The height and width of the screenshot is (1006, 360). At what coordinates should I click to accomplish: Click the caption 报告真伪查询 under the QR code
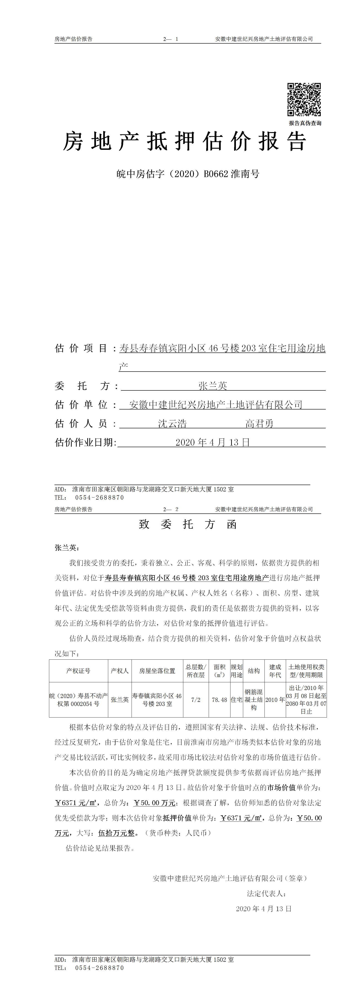[305, 123]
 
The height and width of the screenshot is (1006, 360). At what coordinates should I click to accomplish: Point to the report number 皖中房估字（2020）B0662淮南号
[188, 174]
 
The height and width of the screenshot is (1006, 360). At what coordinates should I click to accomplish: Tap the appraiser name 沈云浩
[172, 423]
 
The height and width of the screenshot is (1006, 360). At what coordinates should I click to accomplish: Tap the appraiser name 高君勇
[259, 423]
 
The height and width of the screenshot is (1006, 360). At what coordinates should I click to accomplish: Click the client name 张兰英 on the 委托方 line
[213, 386]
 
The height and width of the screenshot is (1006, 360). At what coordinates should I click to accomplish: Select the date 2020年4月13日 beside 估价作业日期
[212, 442]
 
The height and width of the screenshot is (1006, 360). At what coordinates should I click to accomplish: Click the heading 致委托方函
[188, 524]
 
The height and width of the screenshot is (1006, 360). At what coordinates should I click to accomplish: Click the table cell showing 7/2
[196, 699]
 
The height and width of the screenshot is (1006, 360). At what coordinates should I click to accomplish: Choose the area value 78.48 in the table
[219, 699]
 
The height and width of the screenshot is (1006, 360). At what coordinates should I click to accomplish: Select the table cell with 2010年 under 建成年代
[275, 699]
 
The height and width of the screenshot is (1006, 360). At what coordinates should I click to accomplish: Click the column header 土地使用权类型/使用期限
[306, 671]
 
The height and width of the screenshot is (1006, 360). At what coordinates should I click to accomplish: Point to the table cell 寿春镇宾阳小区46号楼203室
[157, 699]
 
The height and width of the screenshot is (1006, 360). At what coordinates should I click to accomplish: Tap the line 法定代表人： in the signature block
[267, 893]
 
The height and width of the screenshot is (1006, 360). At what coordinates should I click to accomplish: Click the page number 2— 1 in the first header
[171, 39]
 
